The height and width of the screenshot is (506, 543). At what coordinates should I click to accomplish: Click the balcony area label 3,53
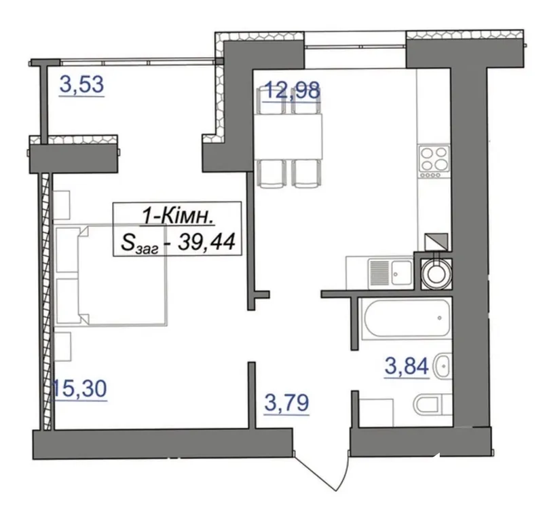[81, 85]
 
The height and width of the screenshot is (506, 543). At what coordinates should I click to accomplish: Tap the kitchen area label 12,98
[292, 91]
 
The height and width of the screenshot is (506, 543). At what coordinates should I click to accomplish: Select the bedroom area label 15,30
[79, 388]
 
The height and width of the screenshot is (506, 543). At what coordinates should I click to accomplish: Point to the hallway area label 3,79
[286, 403]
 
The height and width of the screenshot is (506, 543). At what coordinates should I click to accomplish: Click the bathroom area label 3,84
[407, 366]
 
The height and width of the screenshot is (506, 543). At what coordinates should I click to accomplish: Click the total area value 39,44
[207, 242]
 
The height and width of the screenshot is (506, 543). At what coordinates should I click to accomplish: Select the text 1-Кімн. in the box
[178, 217]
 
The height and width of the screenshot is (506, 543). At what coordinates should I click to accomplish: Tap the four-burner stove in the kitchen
[434, 161]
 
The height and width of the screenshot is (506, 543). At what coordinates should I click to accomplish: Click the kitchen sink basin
[401, 272]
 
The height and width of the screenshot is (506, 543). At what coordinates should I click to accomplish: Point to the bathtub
[406, 319]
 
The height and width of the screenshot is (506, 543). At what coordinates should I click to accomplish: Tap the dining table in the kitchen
[288, 137]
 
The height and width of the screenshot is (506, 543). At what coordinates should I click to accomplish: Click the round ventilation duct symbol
[436, 273]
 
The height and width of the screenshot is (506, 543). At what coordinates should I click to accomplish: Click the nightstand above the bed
[62, 205]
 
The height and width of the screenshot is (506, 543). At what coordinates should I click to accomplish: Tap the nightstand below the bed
[62, 346]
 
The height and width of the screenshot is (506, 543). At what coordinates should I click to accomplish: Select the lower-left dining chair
[272, 173]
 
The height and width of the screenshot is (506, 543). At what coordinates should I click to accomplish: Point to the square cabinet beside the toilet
[376, 413]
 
